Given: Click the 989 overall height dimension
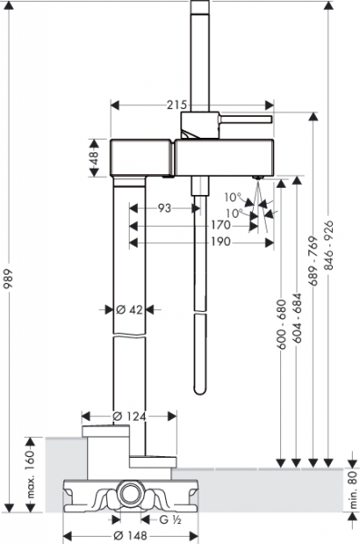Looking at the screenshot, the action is tap(8, 279).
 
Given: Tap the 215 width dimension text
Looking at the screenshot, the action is tap(177, 105).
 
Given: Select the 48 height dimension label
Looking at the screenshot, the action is tap(94, 158).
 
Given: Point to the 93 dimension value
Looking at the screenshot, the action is tap(164, 209).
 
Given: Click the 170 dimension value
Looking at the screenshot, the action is tap(220, 225).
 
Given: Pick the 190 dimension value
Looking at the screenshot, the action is tap(220, 241).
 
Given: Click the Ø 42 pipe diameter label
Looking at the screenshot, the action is tap(129, 309).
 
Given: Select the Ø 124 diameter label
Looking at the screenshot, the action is tap(129, 416).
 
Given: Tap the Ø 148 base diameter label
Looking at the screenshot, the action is tap(131, 536).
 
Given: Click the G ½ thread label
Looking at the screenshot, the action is tap(170, 520).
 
